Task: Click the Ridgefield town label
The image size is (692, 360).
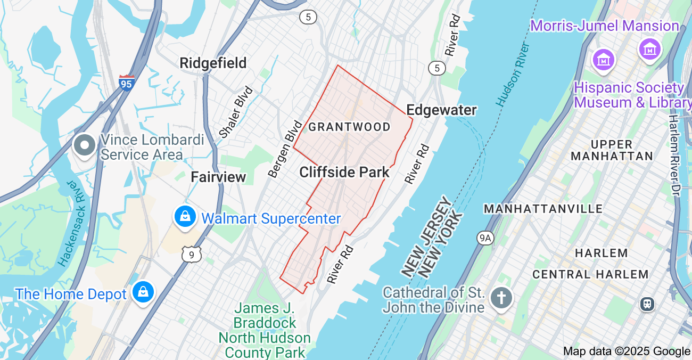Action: pos(213,63)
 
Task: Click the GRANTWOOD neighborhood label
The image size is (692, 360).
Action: pos(349,127)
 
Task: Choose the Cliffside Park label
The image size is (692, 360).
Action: pos(344,172)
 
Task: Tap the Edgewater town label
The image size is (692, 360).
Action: pos(441,110)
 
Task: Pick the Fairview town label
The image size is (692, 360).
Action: pos(218,177)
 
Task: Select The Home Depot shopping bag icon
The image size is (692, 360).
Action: pos(143,292)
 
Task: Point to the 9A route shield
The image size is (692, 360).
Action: pos(484,238)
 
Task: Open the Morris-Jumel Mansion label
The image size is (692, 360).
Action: pos(604,26)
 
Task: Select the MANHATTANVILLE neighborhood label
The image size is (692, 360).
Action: pos(543,209)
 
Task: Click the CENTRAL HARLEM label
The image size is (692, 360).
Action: pos(590,274)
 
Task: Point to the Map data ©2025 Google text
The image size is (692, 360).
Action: pos(627,351)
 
